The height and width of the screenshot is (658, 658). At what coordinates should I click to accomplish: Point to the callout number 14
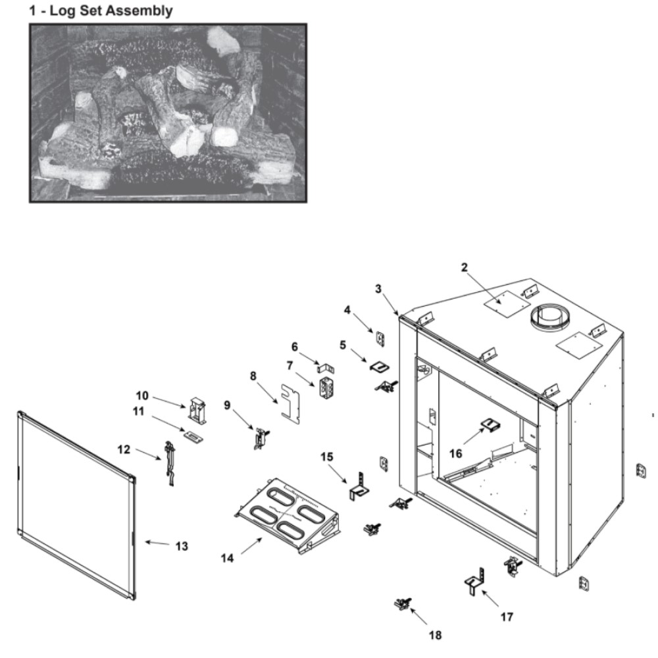[x=226, y=557]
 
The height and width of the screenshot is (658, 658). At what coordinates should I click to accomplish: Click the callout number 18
[x=435, y=635]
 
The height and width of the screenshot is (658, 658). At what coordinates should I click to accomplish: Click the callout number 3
[x=378, y=288]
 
